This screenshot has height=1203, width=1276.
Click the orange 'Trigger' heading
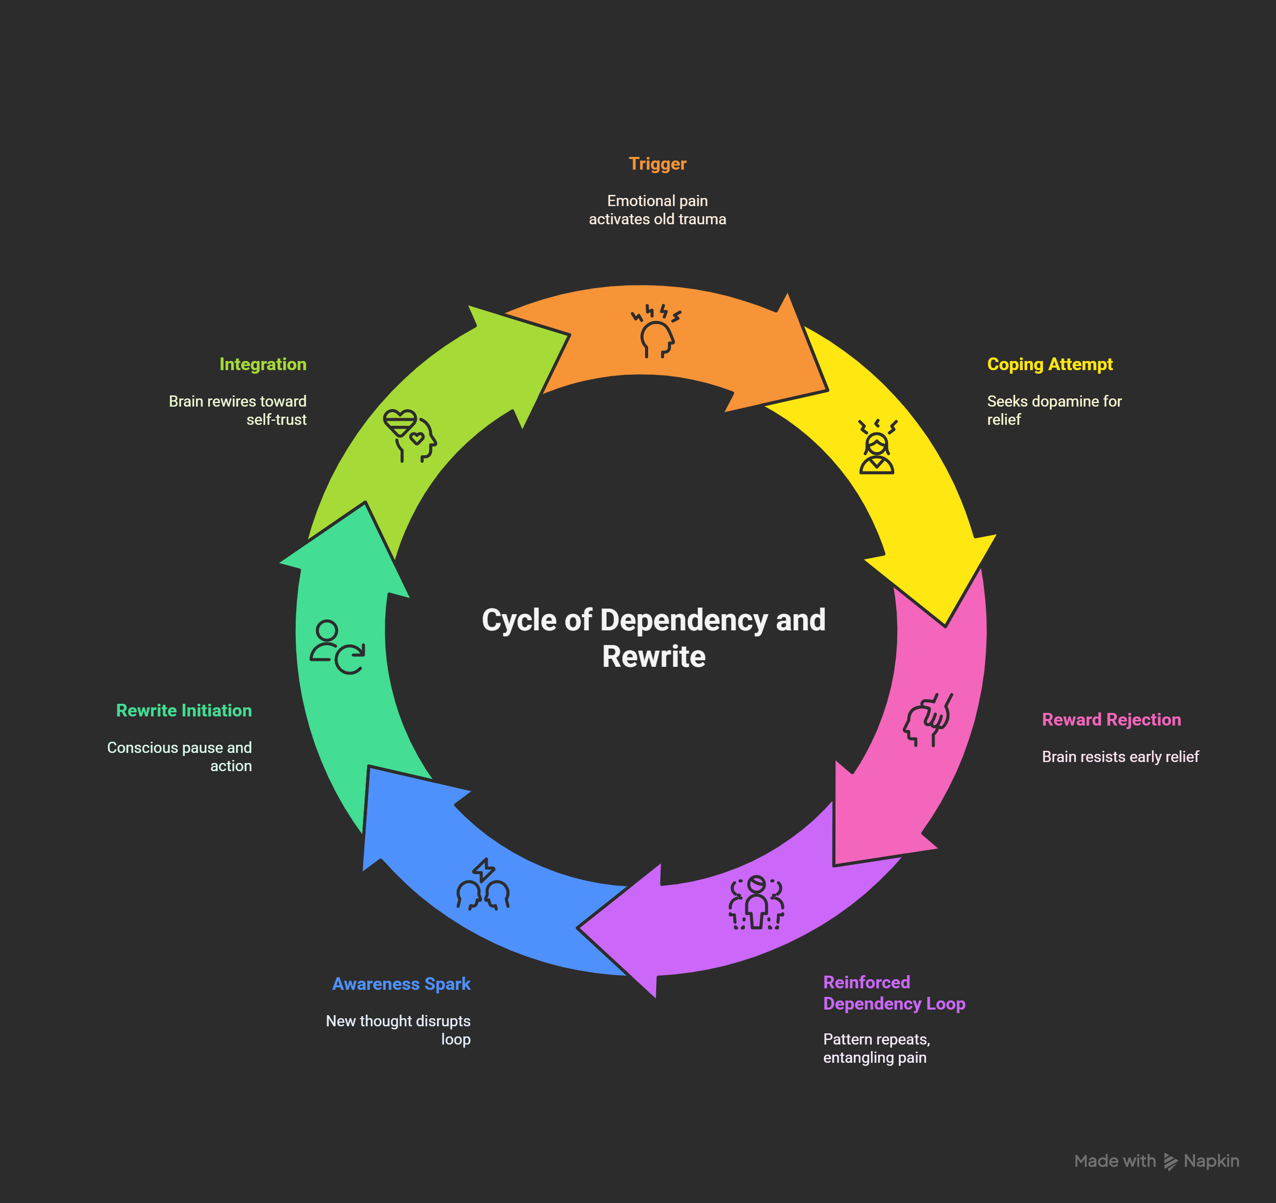657,164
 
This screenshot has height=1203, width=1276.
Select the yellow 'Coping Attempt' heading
1050,364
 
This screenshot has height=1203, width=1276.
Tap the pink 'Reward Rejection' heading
1111,719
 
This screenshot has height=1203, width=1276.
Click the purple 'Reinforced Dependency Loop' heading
894,992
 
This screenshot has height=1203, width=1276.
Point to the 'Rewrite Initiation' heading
184,711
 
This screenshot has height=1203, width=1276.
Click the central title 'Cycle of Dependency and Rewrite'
653,638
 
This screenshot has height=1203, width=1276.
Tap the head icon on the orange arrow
656,331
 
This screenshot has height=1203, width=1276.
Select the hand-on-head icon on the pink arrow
928,719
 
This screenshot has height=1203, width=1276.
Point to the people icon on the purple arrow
756,903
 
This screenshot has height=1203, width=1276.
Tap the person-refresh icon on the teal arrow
337,647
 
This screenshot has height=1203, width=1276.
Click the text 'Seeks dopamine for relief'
1054,410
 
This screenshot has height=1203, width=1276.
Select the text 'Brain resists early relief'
1120,757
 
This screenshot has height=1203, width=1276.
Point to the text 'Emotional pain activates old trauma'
657,210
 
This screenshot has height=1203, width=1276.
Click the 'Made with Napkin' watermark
1156,1161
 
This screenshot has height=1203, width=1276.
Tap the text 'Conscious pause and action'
179,757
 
